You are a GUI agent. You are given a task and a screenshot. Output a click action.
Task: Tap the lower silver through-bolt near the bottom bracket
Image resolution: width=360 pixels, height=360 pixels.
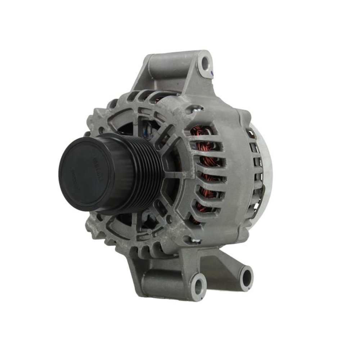[194, 240]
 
